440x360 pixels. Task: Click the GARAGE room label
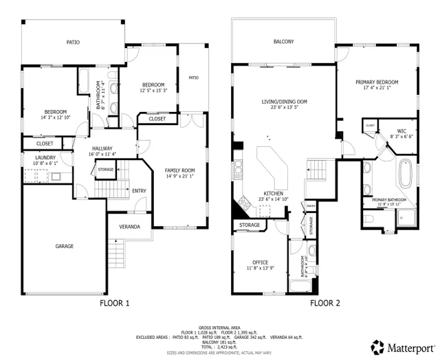(x=65, y=246)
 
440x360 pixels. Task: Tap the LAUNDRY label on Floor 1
(x=35, y=157)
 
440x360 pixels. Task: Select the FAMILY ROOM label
(x=179, y=170)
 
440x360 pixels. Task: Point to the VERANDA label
(x=130, y=227)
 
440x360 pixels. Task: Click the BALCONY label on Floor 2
(x=283, y=42)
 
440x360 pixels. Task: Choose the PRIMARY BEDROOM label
(x=377, y=82)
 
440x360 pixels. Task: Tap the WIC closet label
(x=402, y=131)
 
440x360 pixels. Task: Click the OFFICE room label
(x=259, y=262)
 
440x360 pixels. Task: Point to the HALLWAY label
(x=102, y=148)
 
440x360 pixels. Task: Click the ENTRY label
(x=139, y=191)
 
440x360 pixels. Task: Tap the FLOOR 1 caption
(x=115, y=303)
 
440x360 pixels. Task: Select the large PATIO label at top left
(x=73, y=43)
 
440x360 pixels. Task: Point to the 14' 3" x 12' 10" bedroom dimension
(x=55, y=117)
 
